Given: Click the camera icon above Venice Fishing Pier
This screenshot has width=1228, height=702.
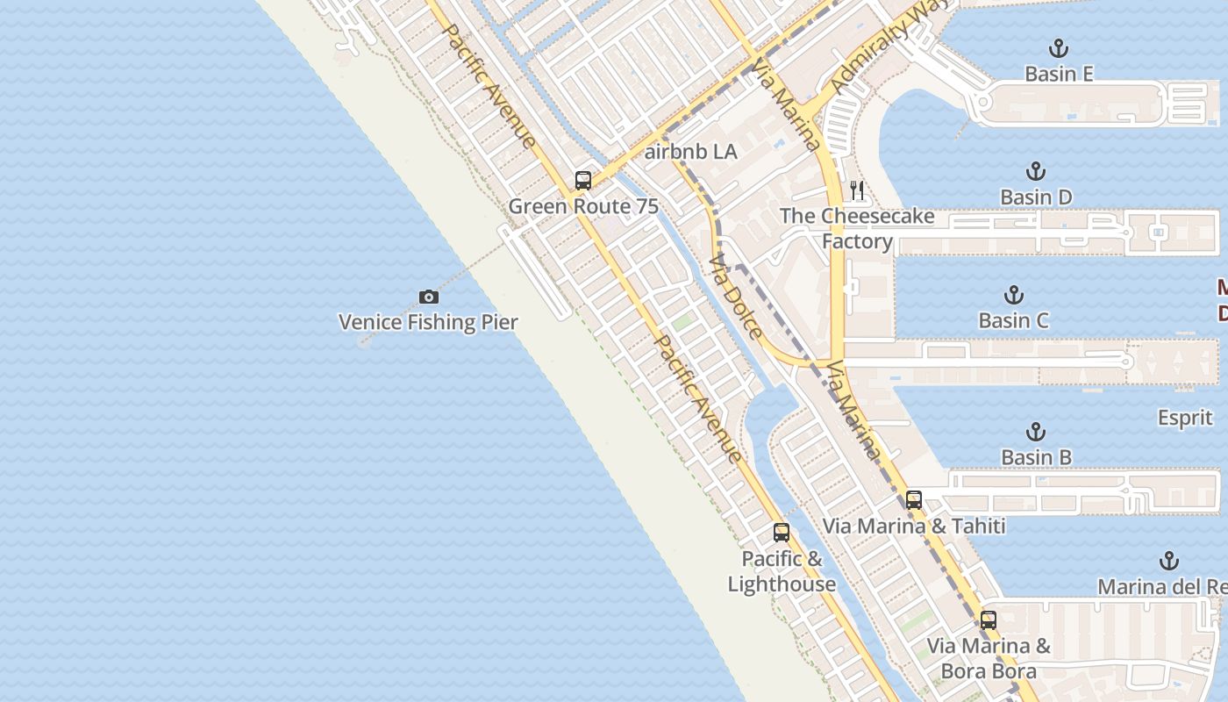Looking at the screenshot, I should (428, 297).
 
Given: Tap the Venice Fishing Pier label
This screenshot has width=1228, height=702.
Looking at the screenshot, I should (428, 322).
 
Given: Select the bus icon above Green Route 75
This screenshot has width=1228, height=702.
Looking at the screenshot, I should (583, 181).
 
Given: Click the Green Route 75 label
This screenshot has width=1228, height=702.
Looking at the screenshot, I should (583, 206).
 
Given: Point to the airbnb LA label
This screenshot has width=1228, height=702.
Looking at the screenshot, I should (691, 152).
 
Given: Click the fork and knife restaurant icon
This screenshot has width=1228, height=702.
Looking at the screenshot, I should (857, 190).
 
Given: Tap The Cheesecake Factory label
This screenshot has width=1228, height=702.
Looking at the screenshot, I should (857, 228).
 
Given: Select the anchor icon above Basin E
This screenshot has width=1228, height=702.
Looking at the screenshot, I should (1059, 48).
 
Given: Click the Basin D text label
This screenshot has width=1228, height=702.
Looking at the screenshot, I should (1036, 197).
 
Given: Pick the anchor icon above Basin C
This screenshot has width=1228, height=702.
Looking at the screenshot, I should (1014, 294).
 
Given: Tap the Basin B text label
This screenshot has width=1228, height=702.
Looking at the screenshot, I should (1036, 457).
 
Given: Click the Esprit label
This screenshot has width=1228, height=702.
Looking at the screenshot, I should (1185, 418).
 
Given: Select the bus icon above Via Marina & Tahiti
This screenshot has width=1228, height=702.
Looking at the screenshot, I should (914, 500).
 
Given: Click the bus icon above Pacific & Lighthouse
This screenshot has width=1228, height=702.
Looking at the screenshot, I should (781, 533).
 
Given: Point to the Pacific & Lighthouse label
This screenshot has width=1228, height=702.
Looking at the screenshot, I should (782, 571).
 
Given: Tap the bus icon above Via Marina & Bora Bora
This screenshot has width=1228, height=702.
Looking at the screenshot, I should (989, 620).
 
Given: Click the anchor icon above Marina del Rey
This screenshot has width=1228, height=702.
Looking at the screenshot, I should (1168, 561).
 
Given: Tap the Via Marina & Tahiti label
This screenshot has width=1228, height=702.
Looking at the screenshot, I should (914, 526).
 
